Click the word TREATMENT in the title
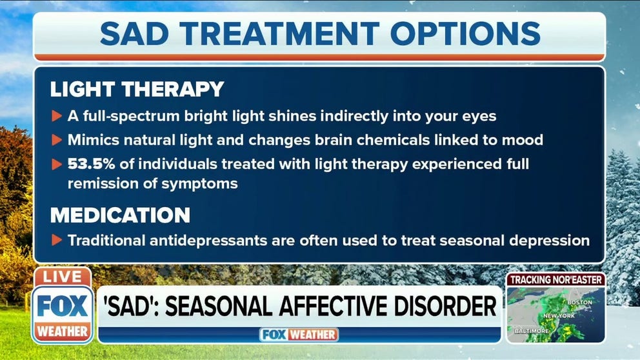coord(279,34)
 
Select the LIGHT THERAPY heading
coord(137,89)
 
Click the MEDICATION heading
coord(121,215)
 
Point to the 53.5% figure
coord(92,164)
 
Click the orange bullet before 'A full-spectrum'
coord(57,116)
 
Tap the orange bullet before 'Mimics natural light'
coord(57,140)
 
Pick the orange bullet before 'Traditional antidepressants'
coord(57,240)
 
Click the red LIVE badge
coord(63,277)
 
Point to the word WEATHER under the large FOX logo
coord(63,331)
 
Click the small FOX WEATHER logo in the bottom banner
coord(299,335)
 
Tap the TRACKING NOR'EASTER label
coord(556,280)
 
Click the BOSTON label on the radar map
coord(579,303)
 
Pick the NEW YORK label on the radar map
coord(559,316)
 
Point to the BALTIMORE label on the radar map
coord(532,330)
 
